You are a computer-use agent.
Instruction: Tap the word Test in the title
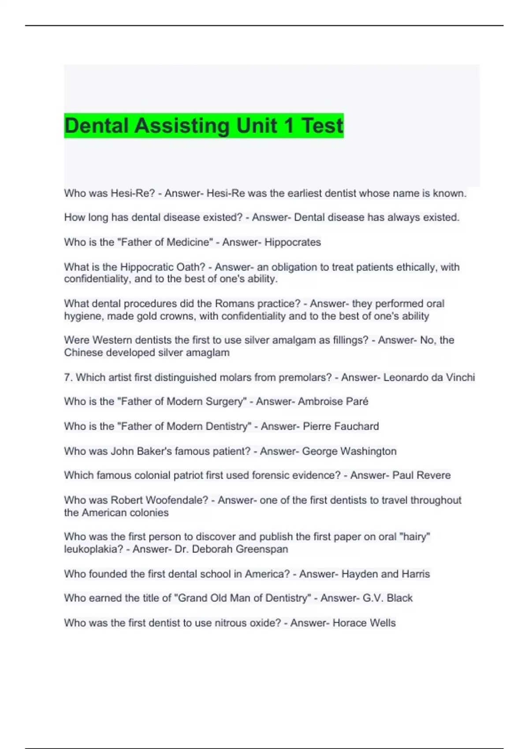coord(322,126)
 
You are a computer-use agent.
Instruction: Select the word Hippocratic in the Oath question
coord(147,267)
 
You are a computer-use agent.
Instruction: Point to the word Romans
coord(233,304)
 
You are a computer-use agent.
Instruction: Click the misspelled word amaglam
coord(207,352)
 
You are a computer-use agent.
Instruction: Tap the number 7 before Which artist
coord(67,378)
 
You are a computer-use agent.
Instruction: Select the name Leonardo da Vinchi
coord(429,378)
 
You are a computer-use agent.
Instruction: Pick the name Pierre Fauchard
coord(341,426)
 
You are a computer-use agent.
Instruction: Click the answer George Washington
coord(349,451)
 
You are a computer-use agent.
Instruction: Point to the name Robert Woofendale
coord(159,500)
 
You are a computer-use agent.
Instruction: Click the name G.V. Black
coord(387,598)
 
